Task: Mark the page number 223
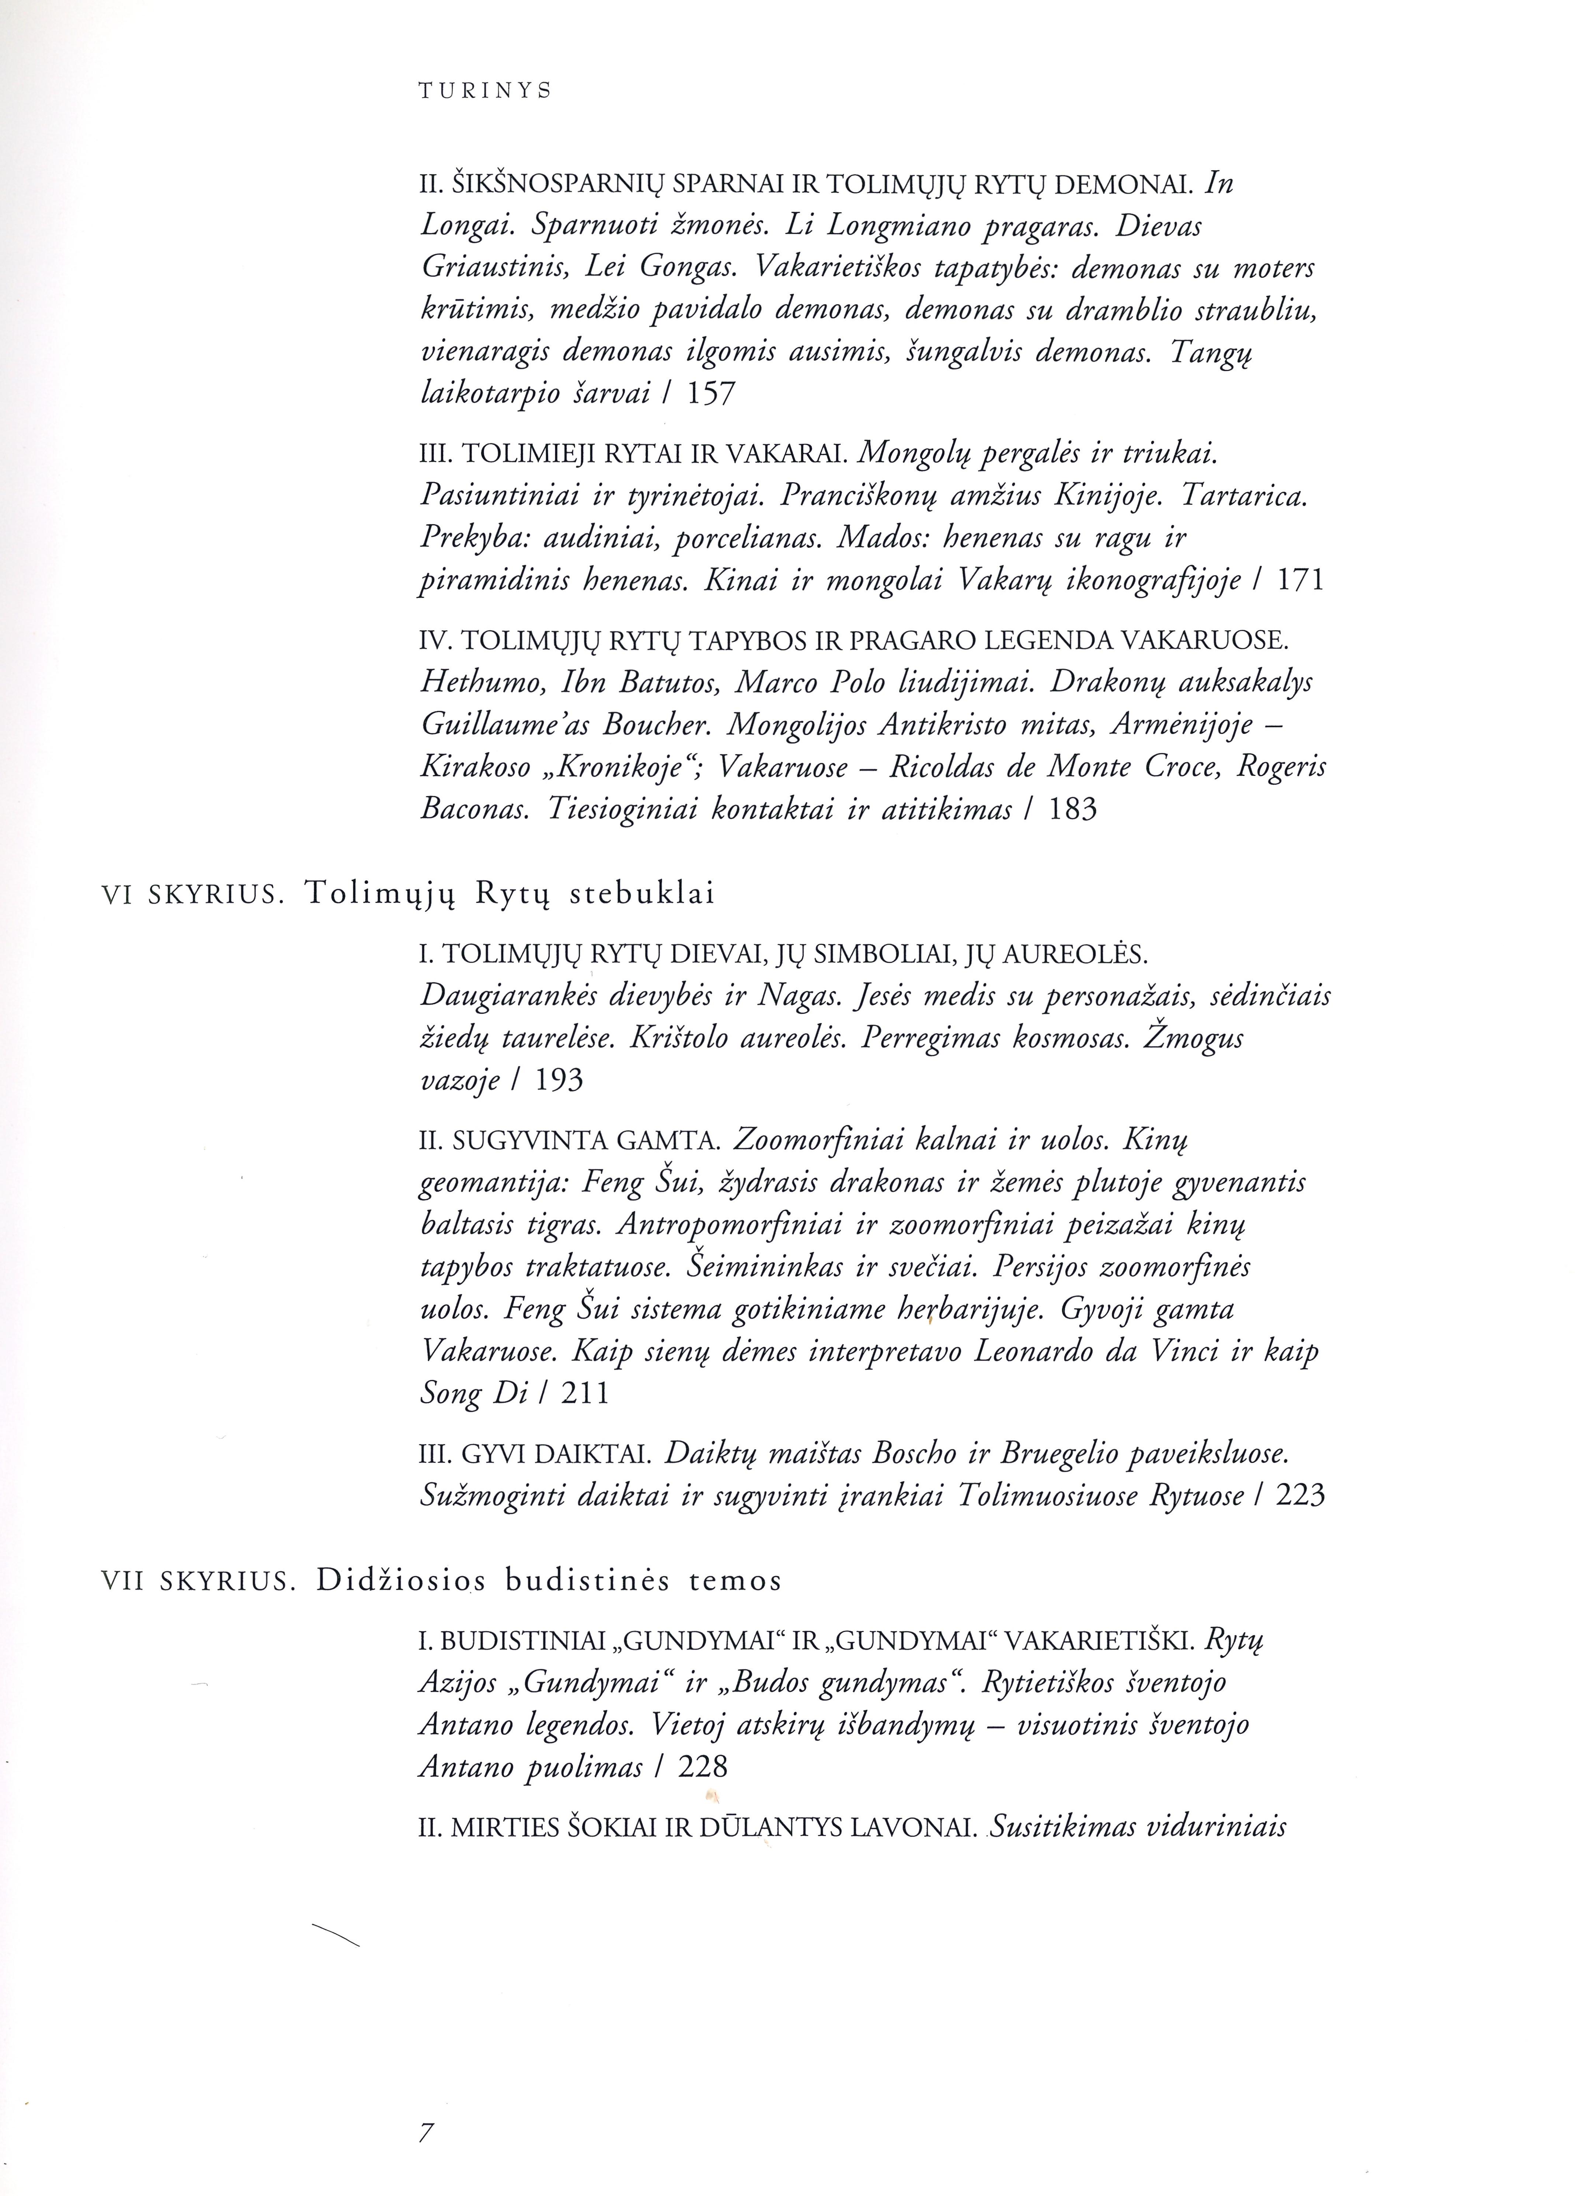[x=1300, y=1496]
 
